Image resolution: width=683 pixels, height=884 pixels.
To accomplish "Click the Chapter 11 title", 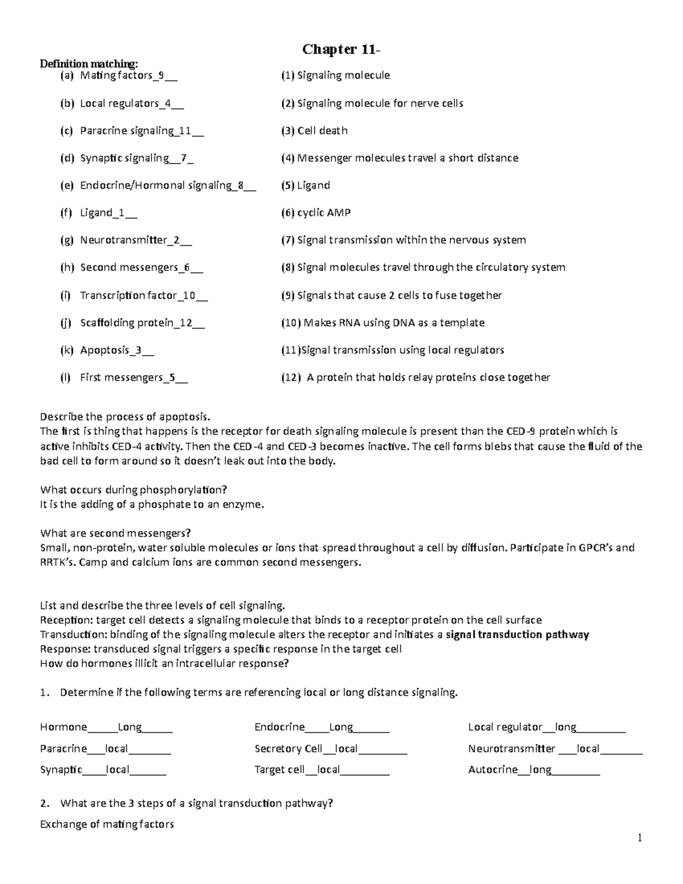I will (341, 50).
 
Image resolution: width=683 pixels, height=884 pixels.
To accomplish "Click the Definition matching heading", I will (88, 63).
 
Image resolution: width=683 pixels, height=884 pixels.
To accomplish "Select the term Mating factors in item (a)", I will (116, 75).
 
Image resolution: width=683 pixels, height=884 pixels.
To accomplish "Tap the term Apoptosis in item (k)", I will (105, 350).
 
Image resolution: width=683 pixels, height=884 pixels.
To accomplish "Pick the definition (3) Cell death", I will (314, 130).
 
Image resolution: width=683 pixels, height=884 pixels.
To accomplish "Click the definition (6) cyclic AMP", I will (316, 212).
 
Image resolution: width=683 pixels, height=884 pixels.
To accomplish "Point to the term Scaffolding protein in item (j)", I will (126, 323).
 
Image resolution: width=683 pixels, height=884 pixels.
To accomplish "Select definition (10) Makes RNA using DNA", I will (382, 323).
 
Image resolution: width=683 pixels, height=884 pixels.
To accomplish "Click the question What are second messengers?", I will (116, 533).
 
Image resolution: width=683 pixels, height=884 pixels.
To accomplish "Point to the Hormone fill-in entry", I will (106, 727).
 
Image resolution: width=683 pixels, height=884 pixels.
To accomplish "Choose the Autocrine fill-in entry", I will (533, 770).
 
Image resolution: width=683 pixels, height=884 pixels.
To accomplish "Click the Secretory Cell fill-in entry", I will (330, 749).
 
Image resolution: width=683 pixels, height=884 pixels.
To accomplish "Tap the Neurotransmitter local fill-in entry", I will (555, 749).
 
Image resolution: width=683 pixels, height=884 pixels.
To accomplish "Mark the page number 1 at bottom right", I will (640, 837).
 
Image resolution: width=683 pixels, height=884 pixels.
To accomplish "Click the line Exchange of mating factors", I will (107, 824).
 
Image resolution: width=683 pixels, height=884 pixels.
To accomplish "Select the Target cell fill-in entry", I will (322, 770).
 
